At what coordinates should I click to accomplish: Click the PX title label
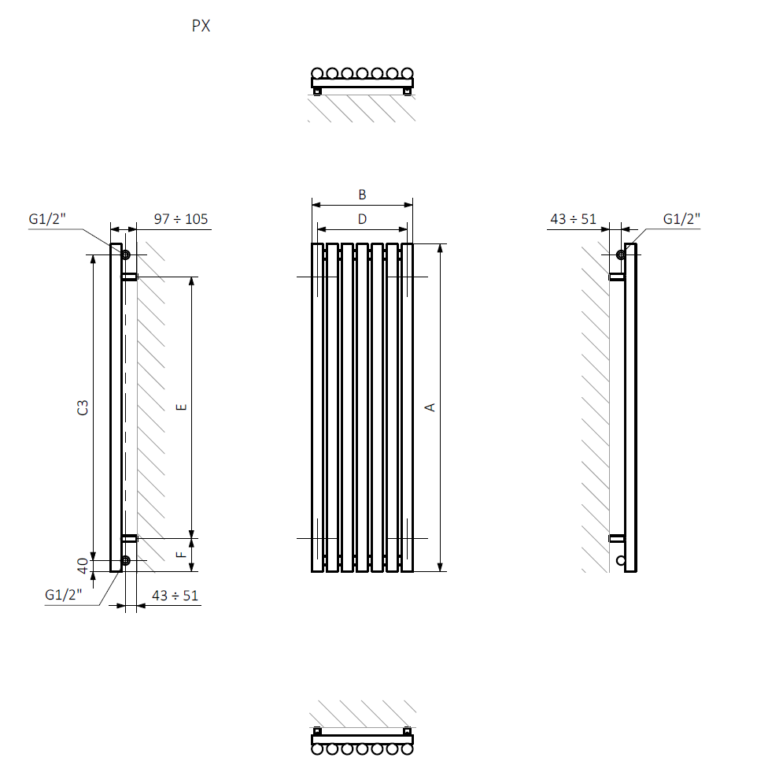201,26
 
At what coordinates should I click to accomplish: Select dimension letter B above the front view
362,195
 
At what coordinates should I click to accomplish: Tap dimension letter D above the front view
362,219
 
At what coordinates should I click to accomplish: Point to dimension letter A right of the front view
430,407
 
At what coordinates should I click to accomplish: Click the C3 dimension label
83,407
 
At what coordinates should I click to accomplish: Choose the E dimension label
182,407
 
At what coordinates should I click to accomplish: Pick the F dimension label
182,555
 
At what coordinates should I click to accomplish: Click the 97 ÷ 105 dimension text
181,219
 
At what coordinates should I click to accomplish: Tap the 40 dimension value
83,566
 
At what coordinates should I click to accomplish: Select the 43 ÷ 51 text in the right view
573,219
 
